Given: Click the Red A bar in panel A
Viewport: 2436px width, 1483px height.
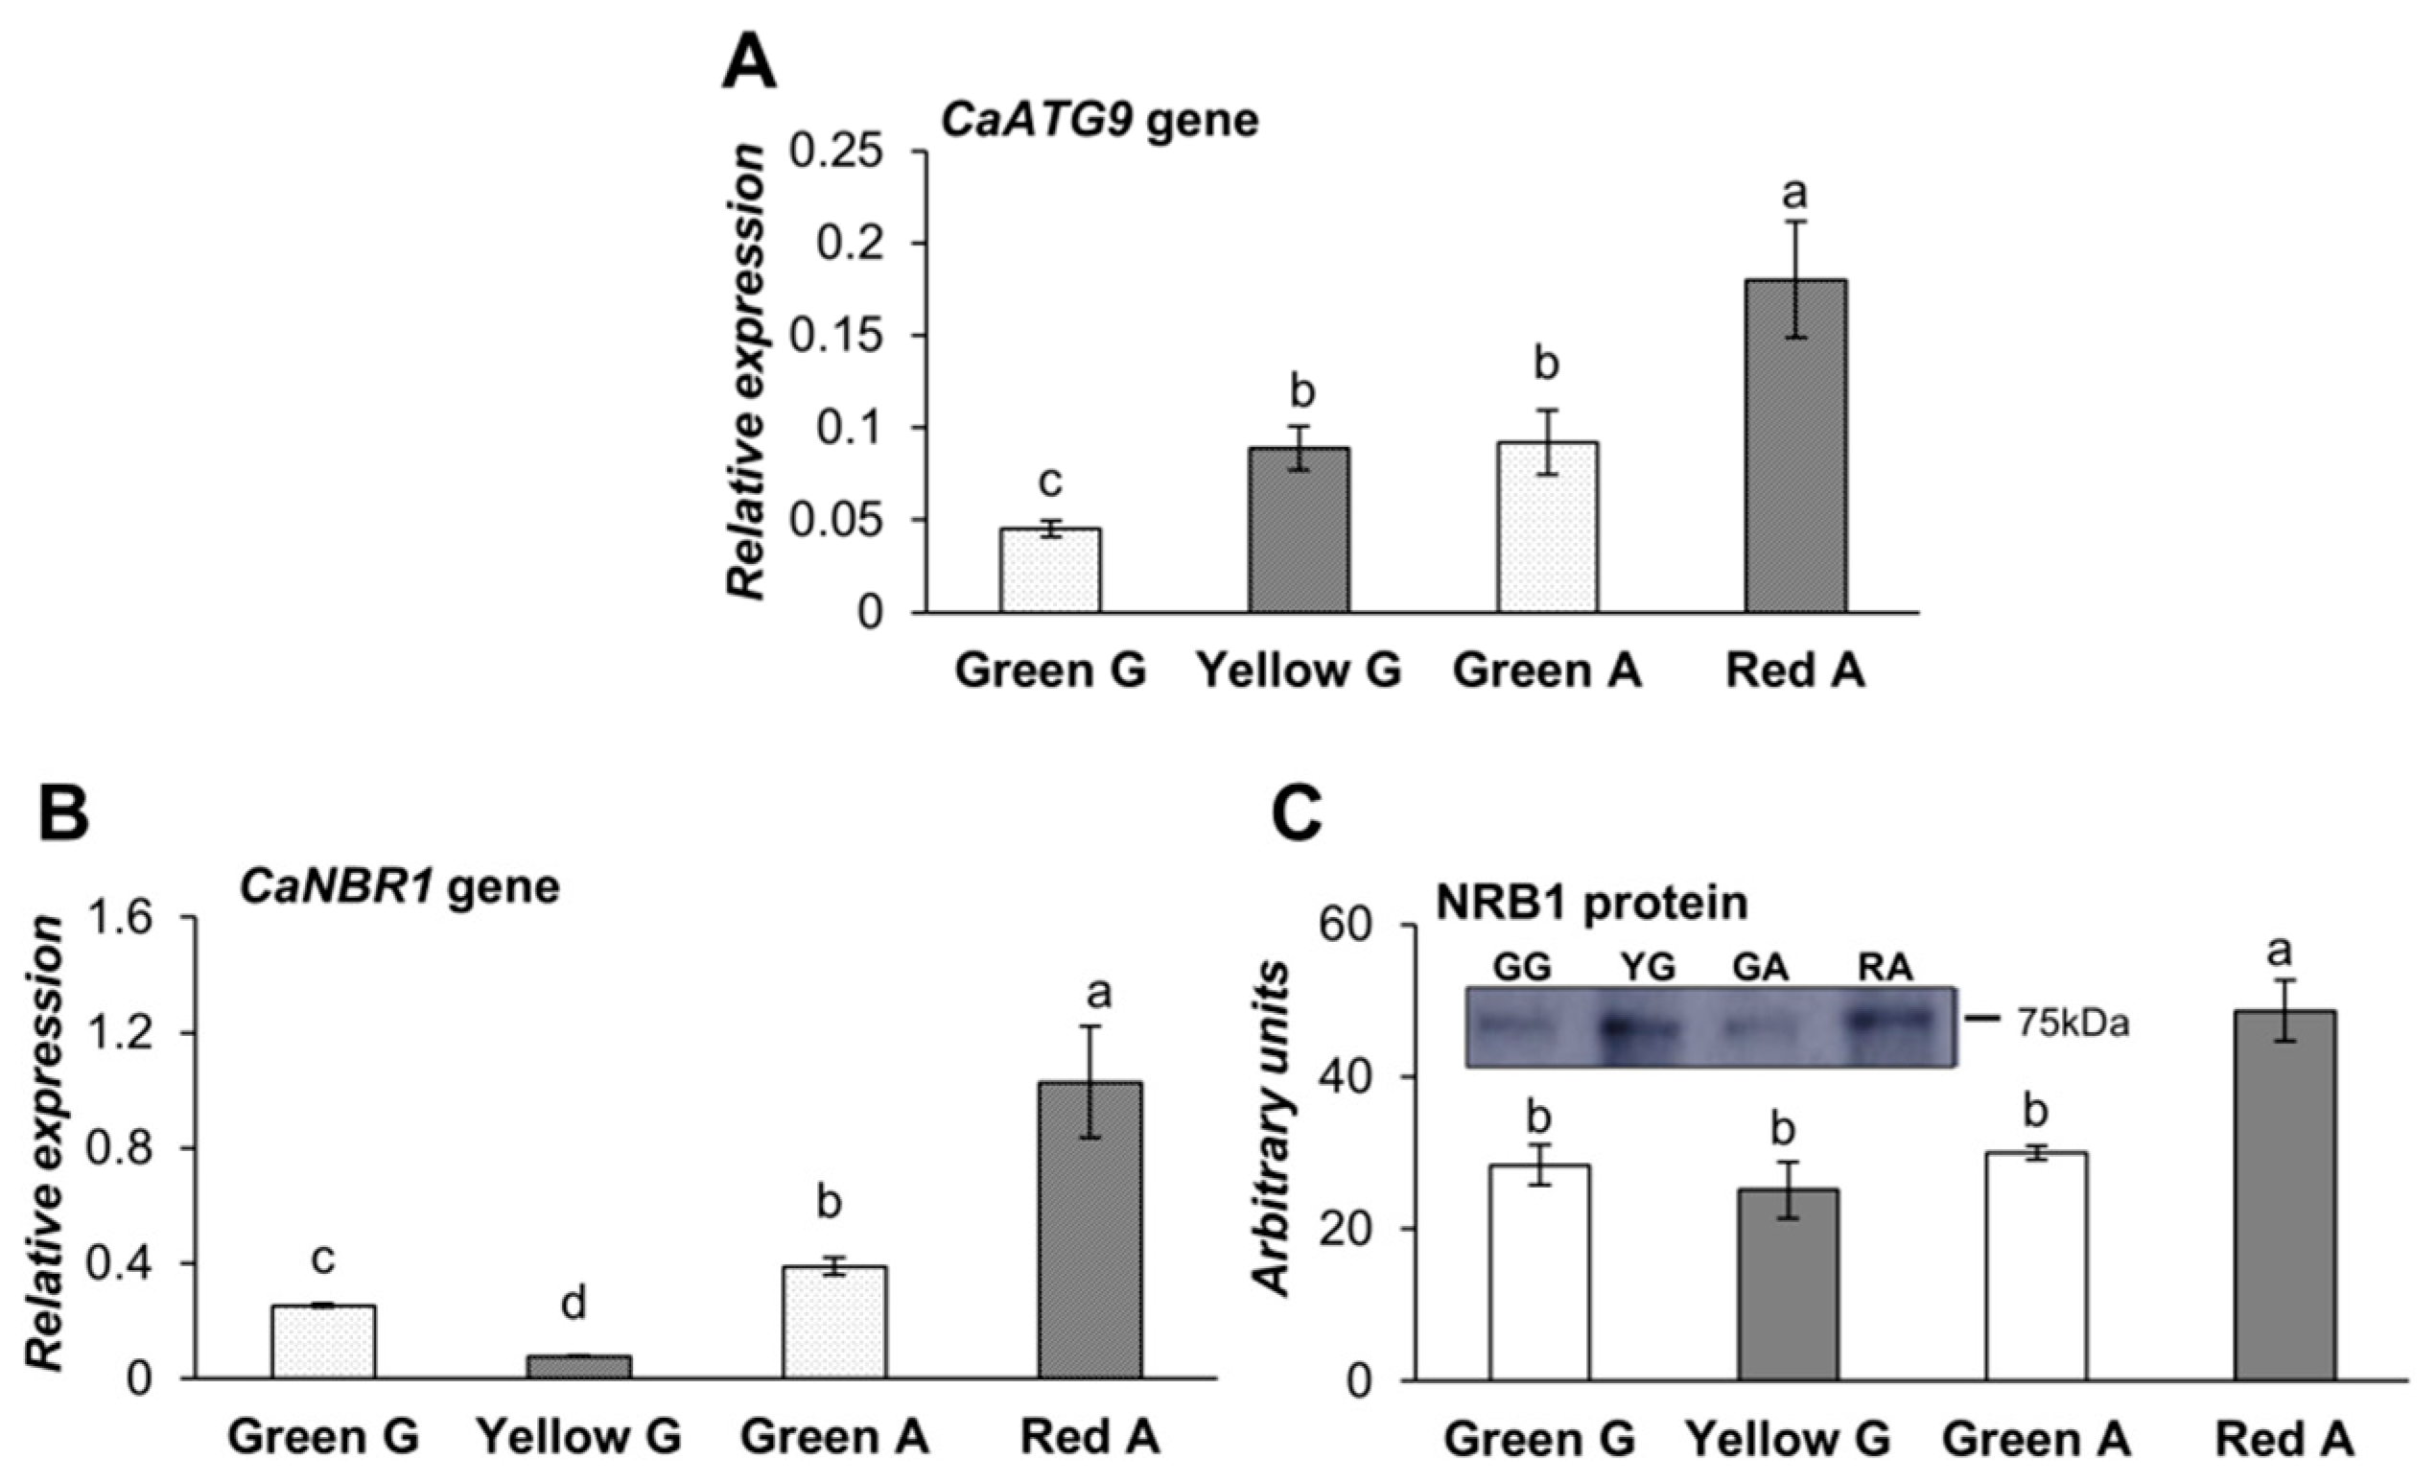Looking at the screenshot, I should (1794, 445).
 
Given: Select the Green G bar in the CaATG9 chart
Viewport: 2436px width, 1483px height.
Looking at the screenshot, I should (1050, 571).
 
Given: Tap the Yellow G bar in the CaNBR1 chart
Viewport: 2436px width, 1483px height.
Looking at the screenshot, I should (577, 1366).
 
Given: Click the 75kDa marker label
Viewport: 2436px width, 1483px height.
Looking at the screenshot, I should (2072, 1024).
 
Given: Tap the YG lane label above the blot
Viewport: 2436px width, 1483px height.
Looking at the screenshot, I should (1649, 968).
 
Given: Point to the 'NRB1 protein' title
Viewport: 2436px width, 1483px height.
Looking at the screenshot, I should (1591, 903).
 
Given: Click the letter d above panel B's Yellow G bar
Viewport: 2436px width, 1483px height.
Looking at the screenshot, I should (574, 1305).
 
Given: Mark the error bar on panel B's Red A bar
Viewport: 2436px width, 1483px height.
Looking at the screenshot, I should (1090, 1082).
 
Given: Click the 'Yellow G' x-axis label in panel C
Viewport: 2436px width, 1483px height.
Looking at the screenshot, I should (1788, 1440).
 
